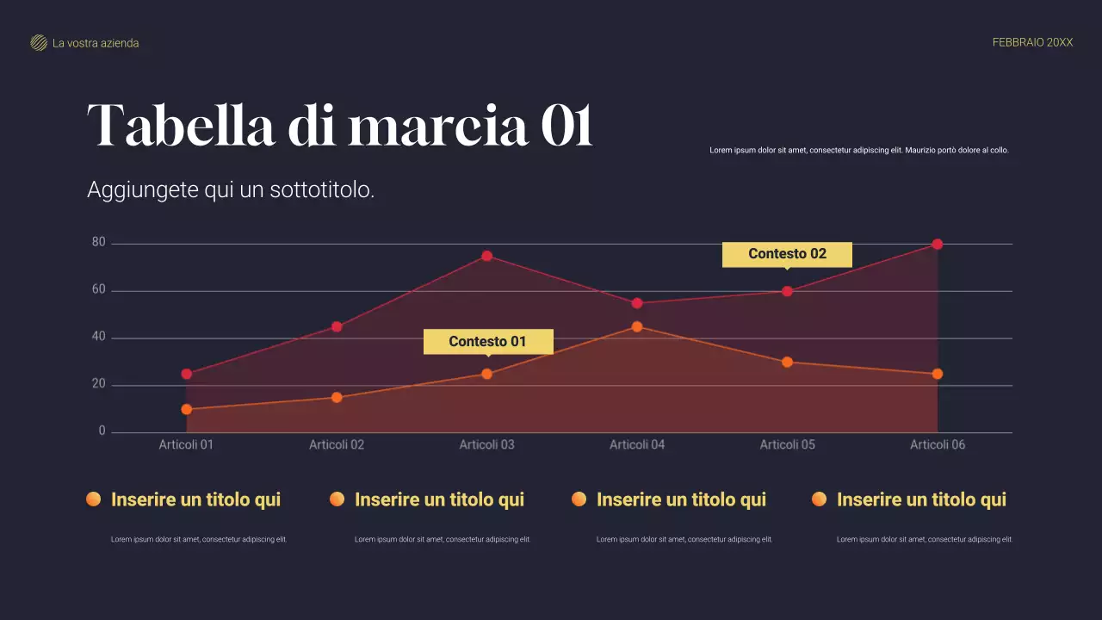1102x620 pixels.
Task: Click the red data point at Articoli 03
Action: (x=486, y=256)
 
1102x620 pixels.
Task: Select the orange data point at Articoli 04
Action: (x=637, y=326)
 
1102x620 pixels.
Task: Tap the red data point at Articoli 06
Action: (x=938, y=245)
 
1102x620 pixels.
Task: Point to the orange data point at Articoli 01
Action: (x=186, y=409)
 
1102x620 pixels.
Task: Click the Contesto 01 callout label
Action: (x=487, y=342)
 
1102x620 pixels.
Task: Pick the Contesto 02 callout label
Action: (x=787, y=254)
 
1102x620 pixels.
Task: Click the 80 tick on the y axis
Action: (x=99, y=243)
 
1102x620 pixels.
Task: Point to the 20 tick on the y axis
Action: (x=99, y=385)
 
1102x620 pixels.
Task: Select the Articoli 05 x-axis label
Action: (x=787, y=445)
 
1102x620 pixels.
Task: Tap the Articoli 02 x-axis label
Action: (x=337, y=445)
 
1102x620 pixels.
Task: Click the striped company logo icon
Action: (x=39, y=43)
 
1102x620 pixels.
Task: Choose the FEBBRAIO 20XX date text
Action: (x=1032, y=42)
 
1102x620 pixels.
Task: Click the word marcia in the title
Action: (x=438, y=126)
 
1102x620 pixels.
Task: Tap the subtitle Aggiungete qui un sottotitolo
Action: (x=231, y=190)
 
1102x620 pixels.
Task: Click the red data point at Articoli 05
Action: (x=787, y=291)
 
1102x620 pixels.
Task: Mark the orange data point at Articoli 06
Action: (x=938, y=374)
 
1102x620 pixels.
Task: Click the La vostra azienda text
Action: (x=96, y=43)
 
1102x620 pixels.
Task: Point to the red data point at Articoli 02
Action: (x=337, y=326)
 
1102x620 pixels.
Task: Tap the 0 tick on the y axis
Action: (x=102, y=431)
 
